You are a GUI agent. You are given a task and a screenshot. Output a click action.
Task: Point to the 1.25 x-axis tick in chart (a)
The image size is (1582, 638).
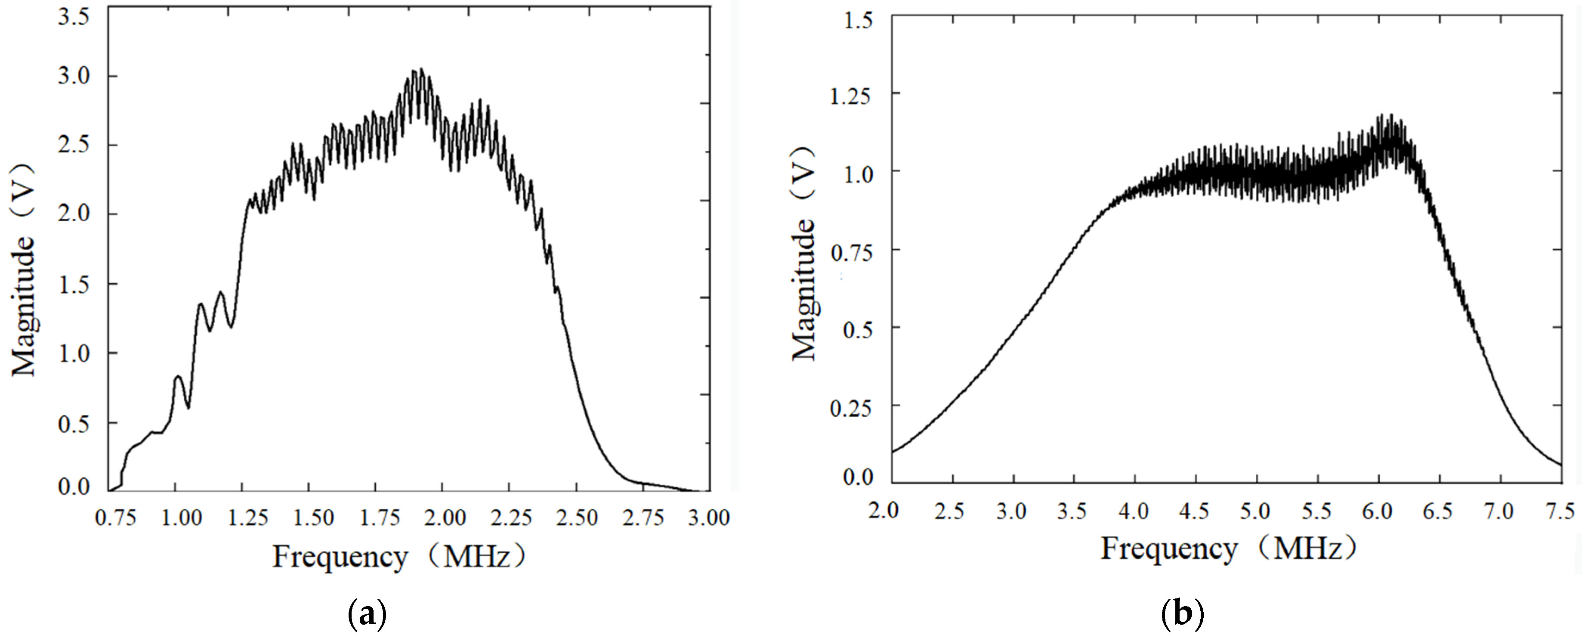coord(247,517)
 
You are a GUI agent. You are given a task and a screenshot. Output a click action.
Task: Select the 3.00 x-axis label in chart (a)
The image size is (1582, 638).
coord(708,517)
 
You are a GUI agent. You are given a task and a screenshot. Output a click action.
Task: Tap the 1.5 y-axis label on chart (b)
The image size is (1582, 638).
coord(858,20)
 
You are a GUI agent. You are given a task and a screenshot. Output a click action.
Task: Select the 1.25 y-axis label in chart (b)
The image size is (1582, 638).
coord(850,96)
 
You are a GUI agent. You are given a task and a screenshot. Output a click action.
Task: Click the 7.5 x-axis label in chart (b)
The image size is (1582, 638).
coord(1560,511)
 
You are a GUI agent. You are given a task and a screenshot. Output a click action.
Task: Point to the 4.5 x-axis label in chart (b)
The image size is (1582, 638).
coord(1194,511)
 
